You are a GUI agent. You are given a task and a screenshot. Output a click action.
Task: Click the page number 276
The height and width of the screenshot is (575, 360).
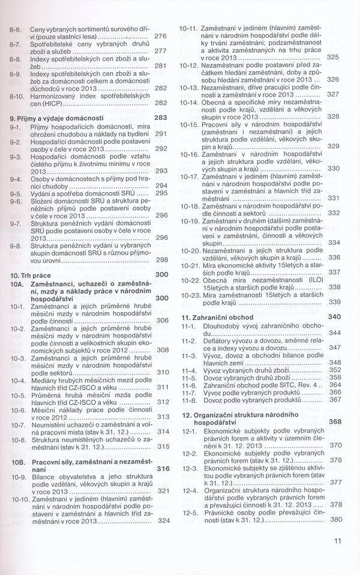[160, 36]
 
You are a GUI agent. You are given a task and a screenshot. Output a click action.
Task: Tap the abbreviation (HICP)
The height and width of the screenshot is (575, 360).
[52, 103]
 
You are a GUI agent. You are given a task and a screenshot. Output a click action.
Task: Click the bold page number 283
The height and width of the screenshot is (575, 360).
[160, 118]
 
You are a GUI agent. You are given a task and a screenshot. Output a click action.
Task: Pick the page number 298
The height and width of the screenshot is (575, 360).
[161, 260]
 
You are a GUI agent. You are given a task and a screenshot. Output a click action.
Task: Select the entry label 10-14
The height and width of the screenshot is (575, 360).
[189, 102]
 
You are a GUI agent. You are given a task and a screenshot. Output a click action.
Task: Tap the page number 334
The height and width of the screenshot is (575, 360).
[334, 242]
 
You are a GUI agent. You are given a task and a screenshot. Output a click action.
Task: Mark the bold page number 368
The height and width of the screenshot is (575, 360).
[334, 422]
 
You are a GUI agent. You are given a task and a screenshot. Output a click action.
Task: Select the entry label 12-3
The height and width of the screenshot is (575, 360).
[190, 467]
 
